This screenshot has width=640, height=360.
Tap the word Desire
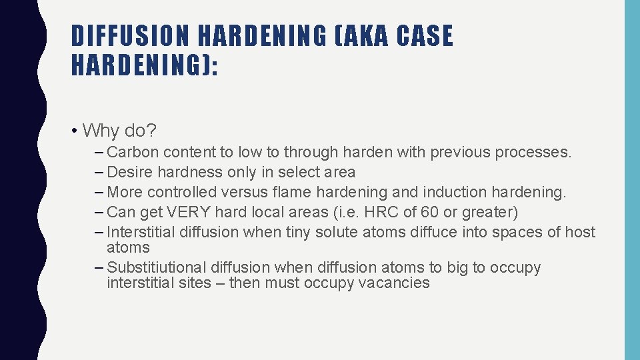[131, 172]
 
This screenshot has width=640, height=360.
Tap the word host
[579, 232]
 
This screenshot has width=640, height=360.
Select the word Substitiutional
[157, 267]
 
